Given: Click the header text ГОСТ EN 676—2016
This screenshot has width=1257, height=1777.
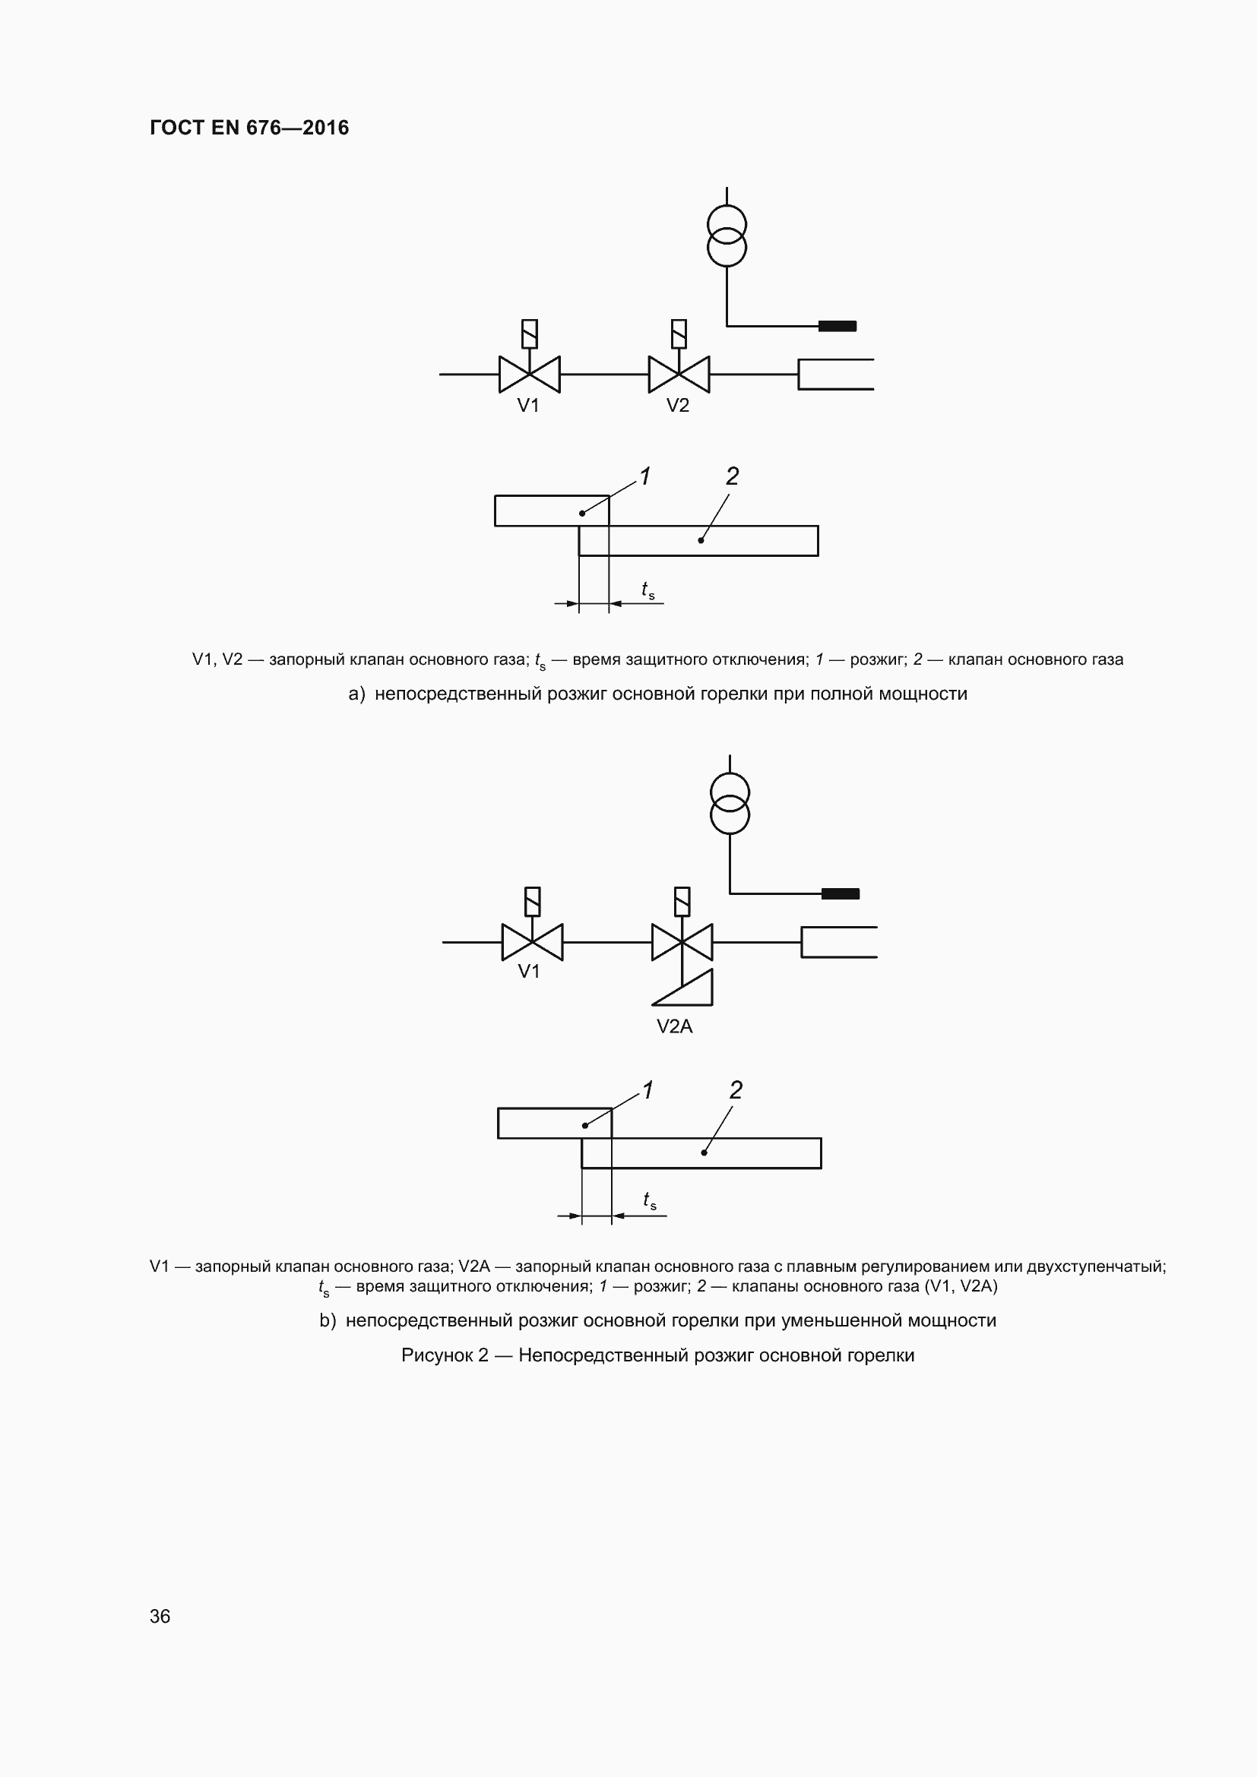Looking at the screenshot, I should coord(249,128).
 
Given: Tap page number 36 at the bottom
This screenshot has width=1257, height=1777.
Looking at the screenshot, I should coord(160,1616).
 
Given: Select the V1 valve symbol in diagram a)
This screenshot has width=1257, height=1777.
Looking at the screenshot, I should coord(530,375).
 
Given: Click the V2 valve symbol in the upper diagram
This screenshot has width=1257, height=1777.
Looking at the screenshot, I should coord(679,375).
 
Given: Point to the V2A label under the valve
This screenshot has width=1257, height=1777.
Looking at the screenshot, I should coord(674,1026).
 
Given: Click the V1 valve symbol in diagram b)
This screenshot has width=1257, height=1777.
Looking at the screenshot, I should coord(533,942).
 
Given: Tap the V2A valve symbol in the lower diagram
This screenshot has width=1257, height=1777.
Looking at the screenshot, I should coord(682,942).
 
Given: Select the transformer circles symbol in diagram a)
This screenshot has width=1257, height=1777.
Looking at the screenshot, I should coord(727,237).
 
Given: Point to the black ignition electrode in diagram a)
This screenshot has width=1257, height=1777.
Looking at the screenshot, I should coord(837,326).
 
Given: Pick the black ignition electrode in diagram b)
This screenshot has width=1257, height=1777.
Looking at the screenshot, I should coord(841,894).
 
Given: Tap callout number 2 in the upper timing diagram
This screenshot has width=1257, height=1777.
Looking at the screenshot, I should coord(732,476).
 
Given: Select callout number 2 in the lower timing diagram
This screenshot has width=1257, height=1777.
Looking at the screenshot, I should coord(736,1090).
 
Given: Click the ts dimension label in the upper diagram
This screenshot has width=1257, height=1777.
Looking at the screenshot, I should coord(647,590).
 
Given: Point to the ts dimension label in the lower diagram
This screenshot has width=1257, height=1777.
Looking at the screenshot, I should coord(649,1201).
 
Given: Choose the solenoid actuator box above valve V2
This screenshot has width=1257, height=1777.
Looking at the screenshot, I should coord(679,334).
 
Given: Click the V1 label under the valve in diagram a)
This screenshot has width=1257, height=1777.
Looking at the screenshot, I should coord(529,406).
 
